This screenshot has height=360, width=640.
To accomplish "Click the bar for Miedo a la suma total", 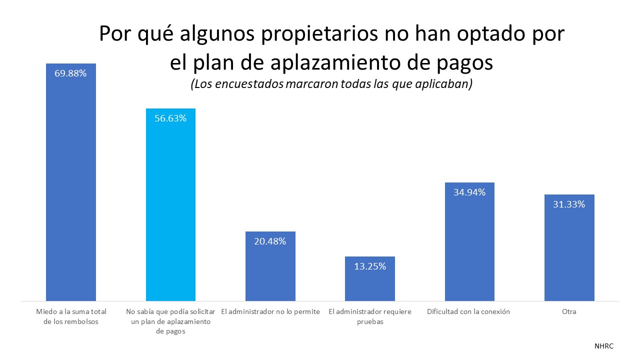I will (70, 190).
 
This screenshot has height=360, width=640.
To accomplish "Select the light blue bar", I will (170, 210).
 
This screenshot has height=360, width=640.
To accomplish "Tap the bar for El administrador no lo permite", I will (270, 270).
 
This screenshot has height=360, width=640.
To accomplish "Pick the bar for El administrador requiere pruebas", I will (370, 282).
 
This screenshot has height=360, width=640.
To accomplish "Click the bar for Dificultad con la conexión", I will (469, 245).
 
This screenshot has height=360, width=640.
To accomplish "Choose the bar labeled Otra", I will (569, 250).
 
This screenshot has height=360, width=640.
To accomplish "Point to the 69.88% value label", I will (70, 73).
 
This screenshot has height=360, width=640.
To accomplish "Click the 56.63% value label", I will (170, 118).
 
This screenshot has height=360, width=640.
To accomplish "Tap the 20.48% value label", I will (270, 241).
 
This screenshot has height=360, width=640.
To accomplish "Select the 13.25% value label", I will (370, 266).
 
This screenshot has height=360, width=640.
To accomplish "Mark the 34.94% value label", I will (469, 192).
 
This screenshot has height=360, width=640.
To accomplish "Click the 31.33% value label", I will (569, 204).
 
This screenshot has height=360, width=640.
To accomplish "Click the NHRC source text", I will (604, 346).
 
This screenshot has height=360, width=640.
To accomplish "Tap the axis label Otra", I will (569, 311).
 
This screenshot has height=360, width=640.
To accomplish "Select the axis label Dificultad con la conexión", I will (468, 311).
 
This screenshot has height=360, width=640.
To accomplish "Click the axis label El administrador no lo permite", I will (270, 311).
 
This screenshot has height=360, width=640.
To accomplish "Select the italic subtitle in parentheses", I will (331, 84).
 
